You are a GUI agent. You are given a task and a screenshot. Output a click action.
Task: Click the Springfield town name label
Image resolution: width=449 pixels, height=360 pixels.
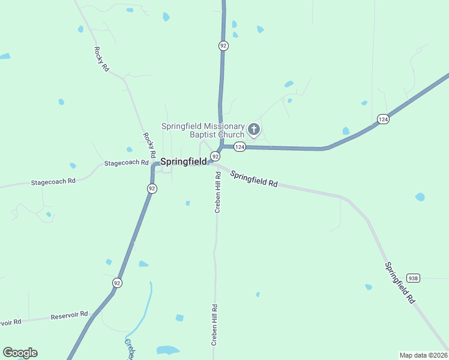(x=183, y=161)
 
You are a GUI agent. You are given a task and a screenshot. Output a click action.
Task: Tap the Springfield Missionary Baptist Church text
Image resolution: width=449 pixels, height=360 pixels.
(x=203, y=130)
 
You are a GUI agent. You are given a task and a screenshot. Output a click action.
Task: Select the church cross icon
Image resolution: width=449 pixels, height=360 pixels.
(x=254, y=128)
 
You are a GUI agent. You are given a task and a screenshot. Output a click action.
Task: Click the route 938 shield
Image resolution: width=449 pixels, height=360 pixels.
(x=413, y=278)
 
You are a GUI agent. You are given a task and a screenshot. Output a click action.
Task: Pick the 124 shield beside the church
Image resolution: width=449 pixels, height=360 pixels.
(x=240, y=147)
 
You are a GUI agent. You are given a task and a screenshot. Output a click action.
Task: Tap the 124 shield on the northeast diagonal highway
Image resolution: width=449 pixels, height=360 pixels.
(x=382, y=119)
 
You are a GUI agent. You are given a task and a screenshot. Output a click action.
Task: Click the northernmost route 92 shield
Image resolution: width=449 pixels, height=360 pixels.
(x=223, y=46)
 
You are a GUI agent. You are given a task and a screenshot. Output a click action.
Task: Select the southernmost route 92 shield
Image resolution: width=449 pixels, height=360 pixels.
(x=117, y=282)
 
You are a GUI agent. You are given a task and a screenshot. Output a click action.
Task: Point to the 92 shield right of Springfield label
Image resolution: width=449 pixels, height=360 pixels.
(x=215, y=156)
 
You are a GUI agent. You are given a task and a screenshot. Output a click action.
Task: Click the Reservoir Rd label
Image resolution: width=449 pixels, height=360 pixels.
(x=69, y=315)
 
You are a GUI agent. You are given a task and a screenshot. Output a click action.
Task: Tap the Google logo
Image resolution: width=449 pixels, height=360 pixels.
(x=20, y=353)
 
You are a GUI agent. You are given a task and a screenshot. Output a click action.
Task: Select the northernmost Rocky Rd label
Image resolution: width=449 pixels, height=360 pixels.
(x=101, y=59)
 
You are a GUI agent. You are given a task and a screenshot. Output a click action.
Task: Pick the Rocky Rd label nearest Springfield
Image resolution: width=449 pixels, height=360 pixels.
(x=149, y=146)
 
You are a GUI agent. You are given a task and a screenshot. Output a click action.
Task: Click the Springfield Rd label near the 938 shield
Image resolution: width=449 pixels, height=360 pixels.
(x=400, y=282)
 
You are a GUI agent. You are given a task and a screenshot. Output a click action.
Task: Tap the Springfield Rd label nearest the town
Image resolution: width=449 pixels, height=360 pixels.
(x=254, y=179)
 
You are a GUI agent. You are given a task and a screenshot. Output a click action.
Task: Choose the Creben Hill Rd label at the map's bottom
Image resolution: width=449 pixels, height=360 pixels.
(x=213, y=324)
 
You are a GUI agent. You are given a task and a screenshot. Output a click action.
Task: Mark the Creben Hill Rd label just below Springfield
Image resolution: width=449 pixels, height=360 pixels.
(x=218, y=192)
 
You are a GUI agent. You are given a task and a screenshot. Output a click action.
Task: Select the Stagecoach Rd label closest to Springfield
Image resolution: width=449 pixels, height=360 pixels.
(x=126, y=163)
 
